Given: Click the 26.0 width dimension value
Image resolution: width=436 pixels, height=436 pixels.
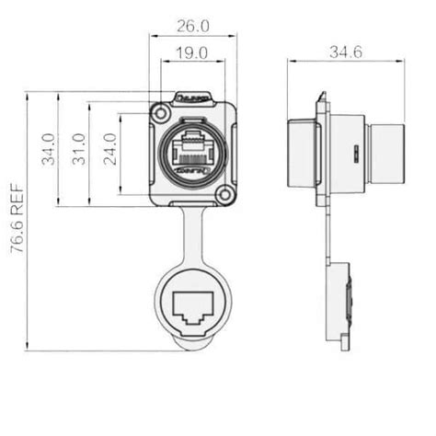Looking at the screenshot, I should point(192,28).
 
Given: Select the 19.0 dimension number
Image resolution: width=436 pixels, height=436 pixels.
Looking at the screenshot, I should point(192,54).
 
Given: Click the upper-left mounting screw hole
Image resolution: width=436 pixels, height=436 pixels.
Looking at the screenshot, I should point(161,113).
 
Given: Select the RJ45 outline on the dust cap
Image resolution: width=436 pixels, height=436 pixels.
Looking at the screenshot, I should point(193,312).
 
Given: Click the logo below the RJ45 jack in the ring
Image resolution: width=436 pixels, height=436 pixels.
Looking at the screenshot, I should point(192,171).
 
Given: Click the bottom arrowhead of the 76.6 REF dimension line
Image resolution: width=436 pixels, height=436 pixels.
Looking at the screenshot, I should point(29,349).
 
